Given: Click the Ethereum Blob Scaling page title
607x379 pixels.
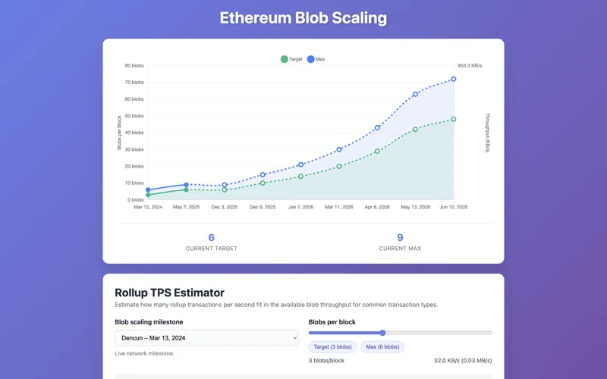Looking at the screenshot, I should pos(303,18).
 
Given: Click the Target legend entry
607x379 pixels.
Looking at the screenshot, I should pos(292,59).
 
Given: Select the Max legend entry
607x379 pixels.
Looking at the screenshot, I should pos(316,59).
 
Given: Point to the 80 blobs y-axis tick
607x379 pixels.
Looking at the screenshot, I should pos(134,66).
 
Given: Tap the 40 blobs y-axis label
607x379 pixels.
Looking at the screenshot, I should pos(134,133).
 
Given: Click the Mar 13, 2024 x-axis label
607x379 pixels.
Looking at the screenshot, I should pos(148,206).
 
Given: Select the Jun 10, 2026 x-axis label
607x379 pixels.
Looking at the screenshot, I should pos(454,206).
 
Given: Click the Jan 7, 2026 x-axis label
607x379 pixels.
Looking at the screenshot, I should pos(300,206).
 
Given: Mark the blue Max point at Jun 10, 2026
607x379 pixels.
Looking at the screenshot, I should pos(454,79).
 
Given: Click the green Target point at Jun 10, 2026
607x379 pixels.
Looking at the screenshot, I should pos(454,119).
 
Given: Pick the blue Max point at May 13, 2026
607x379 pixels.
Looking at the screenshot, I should pos(415,94).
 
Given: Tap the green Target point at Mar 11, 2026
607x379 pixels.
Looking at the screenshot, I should pos(339,166).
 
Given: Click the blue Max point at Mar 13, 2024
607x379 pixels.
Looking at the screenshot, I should pos(148,189).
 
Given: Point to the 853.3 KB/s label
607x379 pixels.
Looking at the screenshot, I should pos(470,66).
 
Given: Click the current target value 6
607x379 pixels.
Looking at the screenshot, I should pos(212,237).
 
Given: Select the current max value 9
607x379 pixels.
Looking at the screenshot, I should pos(400,237).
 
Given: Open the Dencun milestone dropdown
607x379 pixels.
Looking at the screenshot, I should pos(206,338).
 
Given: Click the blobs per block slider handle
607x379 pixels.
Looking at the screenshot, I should pos(382,333).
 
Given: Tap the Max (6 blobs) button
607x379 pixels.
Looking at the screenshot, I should pos(382,346).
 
